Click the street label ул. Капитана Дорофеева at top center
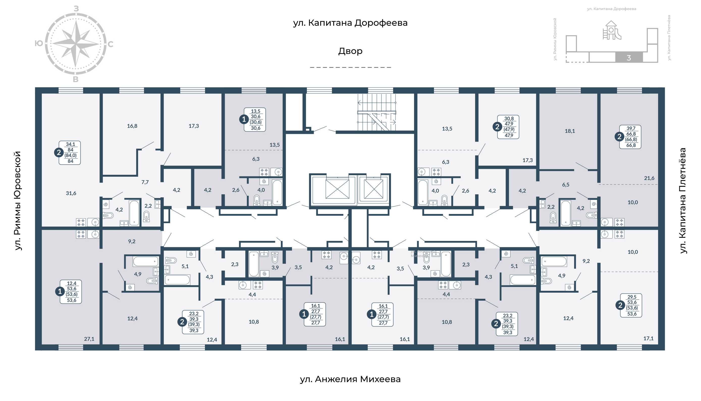(350, 23)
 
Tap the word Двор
(350, 51)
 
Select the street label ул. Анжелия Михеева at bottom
(350, 379)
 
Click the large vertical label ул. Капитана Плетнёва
(682, 201)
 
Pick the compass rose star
(75, 44)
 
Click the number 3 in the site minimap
(629, 58)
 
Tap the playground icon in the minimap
(612, 30)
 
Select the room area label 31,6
(71, 193)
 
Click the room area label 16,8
(132, 126)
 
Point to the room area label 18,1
(570, 131)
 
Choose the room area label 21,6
(649, 178)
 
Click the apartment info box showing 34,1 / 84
(70, 152)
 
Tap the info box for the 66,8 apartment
(630, 137)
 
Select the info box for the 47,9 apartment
(508, 127)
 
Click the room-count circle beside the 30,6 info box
(244, 119)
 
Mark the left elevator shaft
(337, 189)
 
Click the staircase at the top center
(376, 112)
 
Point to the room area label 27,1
(89, 339)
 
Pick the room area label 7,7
(145, 182)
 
